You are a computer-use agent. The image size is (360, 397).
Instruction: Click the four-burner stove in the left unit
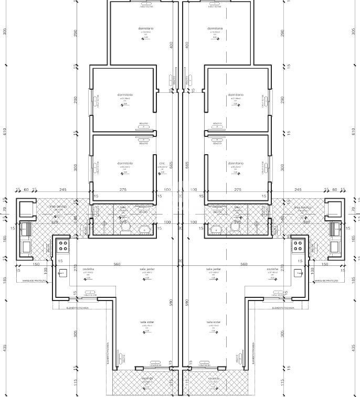tap(63, 245)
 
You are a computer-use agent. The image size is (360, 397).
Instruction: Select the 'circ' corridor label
tap(162, 163)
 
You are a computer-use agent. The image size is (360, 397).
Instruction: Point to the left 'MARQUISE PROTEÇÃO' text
tap(34, 281)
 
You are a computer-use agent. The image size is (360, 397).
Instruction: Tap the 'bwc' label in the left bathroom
tap(123, 207)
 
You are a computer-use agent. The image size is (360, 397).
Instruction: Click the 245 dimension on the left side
tap(62, 190)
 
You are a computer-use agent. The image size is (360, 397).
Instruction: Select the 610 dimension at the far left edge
tap(5, 132)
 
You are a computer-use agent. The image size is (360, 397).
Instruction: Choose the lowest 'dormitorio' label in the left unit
tap(125, 163)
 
